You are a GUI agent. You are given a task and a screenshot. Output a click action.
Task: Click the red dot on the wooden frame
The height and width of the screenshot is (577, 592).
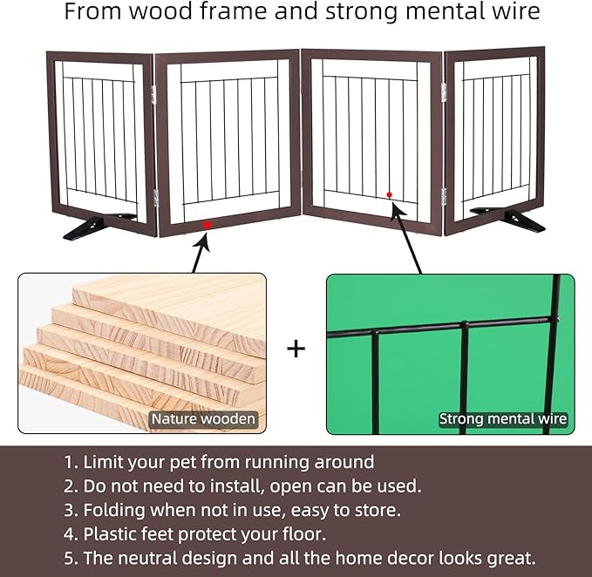tap(207, 225)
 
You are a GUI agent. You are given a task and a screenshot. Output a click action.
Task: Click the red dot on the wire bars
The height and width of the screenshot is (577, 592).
tap(389, 194)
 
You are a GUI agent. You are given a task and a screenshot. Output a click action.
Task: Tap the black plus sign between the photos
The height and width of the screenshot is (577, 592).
tap(296, 349)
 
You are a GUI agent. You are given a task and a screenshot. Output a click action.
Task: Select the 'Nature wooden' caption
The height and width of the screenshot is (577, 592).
tap(203, 419)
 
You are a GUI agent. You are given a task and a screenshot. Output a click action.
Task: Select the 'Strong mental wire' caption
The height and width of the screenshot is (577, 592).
tap(503, 419)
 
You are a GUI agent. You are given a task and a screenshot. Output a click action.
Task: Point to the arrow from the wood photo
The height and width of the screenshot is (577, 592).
tap(200, 252)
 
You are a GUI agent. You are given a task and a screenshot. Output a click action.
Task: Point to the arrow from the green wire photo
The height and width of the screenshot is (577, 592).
tap(406, 238)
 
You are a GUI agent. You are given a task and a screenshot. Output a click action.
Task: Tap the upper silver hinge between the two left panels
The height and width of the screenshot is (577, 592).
tap(153, 94)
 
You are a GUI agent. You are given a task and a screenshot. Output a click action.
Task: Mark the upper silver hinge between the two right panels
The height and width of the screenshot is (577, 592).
tap(444, 92)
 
